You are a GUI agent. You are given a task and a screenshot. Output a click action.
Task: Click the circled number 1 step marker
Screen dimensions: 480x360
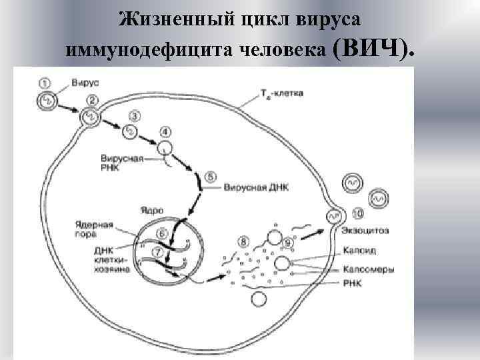pyautogui.click(x=45, y=83)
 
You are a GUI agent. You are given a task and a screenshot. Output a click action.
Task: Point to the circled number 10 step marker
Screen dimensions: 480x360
pyautogui.click(x=359, y=214)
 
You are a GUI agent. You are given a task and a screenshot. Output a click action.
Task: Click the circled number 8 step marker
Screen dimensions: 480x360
pyautogui.click(x=244, y=241)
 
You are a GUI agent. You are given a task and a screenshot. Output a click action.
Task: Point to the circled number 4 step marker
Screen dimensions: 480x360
pyautogui.click(x=165, y=131)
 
